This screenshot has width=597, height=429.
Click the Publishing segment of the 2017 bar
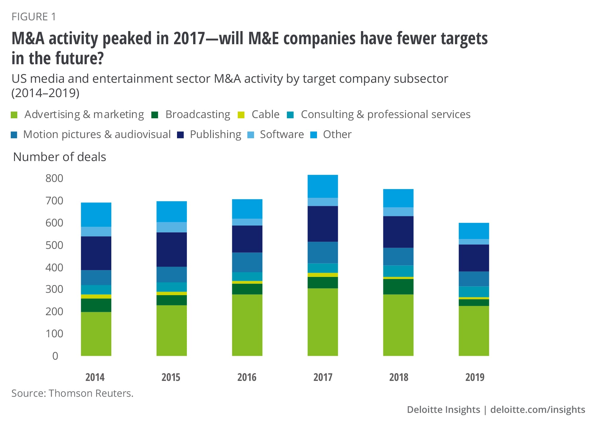323,224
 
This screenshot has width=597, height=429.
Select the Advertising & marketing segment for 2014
96,334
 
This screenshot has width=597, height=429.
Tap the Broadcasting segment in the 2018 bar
398,287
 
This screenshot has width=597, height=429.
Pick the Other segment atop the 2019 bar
474,231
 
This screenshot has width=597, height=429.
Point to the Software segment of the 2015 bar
172,227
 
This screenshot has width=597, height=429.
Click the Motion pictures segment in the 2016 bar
247,262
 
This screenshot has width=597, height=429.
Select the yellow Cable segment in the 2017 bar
323,275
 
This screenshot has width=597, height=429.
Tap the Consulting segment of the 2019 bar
474,292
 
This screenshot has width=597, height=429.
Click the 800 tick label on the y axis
54,178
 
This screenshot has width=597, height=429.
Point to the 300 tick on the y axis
54,289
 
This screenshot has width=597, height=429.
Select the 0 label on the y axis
55,356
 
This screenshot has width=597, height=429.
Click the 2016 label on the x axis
247,377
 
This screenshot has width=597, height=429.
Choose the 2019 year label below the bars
475,377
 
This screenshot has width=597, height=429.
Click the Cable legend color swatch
241,115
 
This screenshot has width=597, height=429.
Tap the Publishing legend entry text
216,134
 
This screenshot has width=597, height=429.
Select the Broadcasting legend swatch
155,115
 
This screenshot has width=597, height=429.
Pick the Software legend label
282,134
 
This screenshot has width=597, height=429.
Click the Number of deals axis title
60,157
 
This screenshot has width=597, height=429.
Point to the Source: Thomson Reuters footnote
73,393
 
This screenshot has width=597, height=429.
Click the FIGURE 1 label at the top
34,17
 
